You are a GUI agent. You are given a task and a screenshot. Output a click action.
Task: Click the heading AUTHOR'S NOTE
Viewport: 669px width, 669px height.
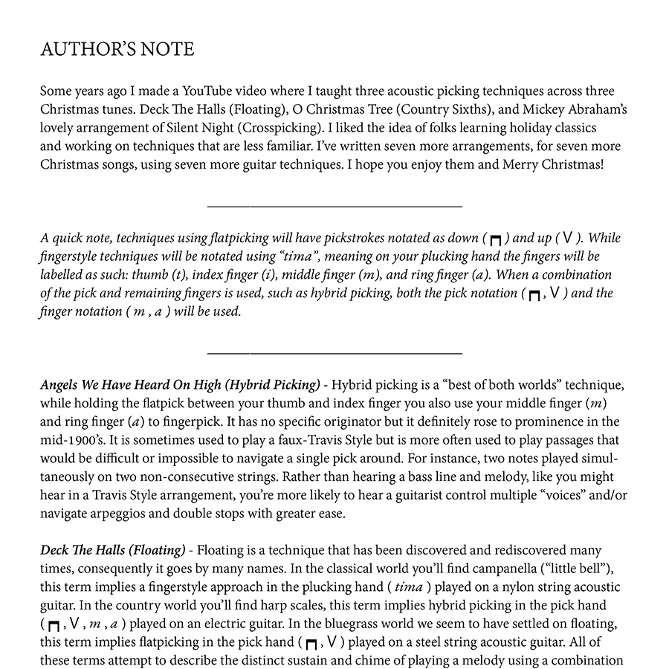117,50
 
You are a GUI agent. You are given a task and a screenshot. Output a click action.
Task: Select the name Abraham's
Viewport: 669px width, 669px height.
595,110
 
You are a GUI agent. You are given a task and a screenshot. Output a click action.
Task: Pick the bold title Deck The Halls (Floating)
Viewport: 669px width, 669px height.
112,550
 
